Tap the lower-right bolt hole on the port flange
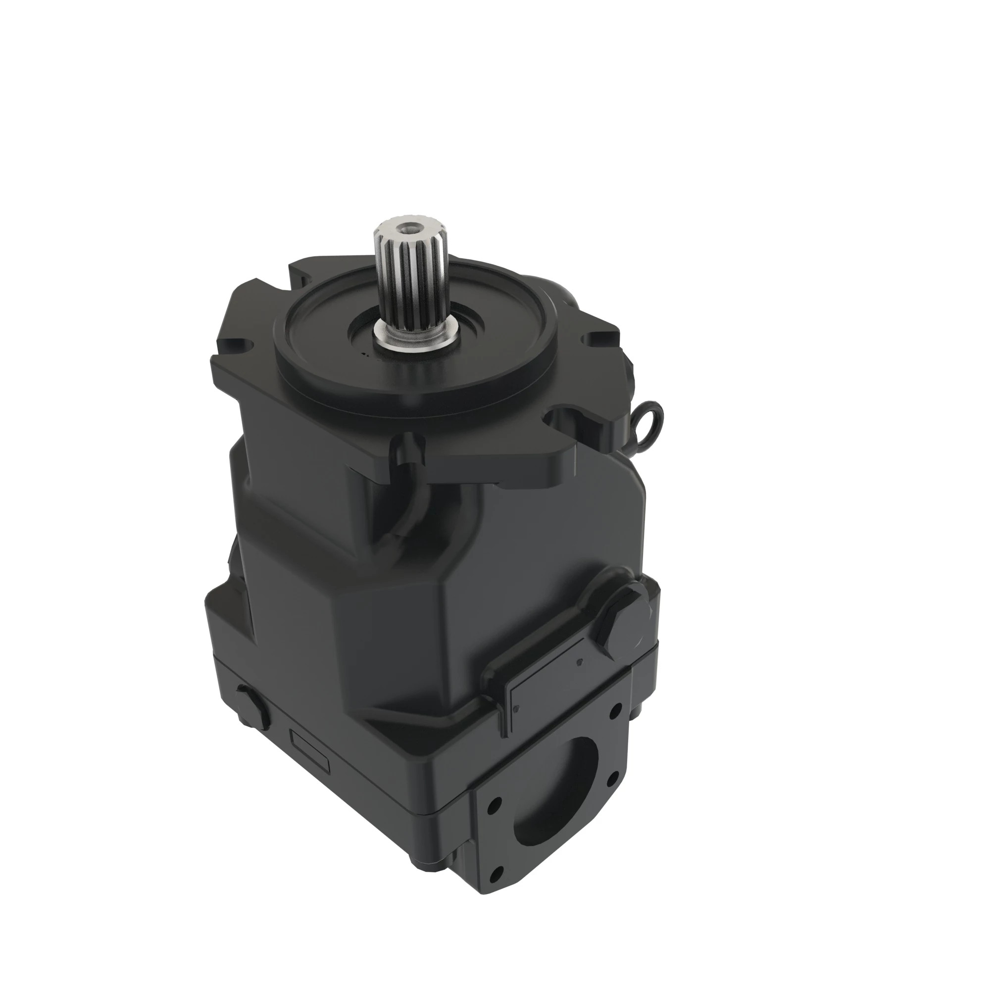(610, 780)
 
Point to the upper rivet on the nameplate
(580, 662)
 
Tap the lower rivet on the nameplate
(515, 709)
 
